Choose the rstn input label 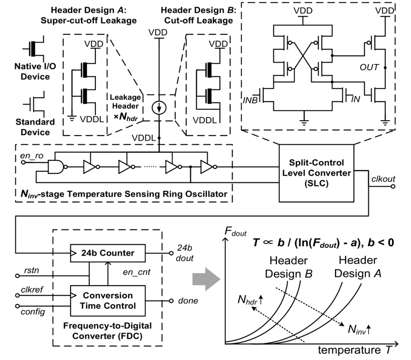(30, 271)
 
